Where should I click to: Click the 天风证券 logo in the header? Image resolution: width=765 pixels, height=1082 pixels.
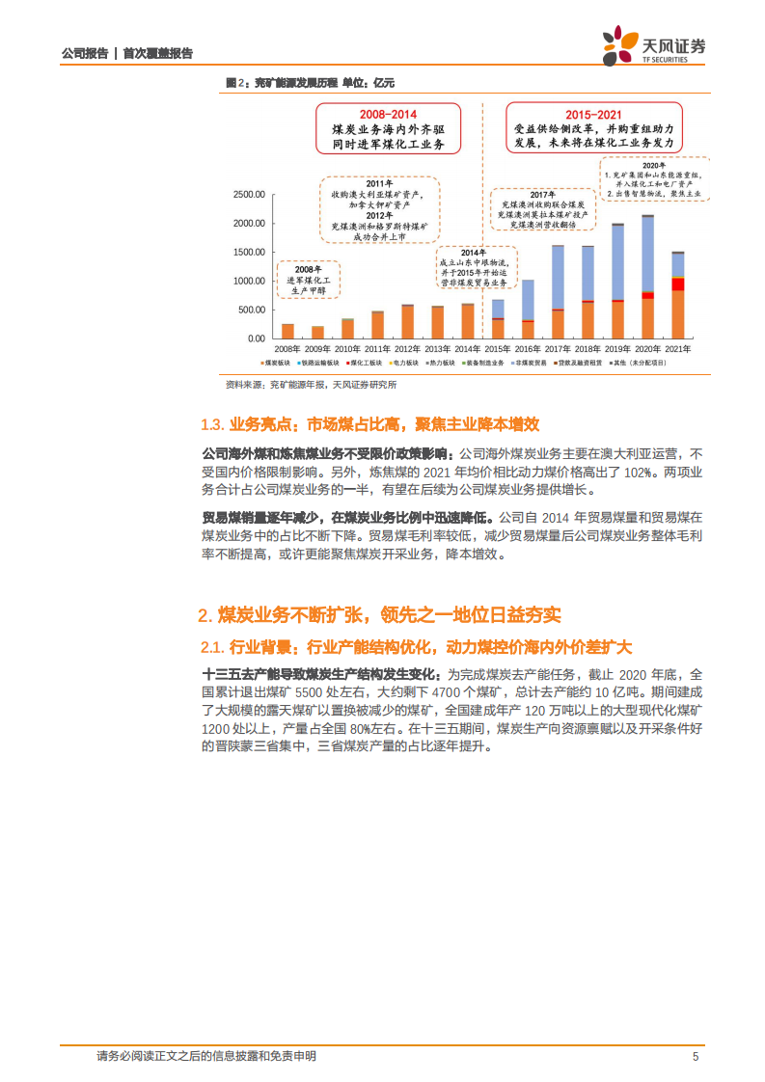654,44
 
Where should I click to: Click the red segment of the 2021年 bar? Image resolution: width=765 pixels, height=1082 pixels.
678,284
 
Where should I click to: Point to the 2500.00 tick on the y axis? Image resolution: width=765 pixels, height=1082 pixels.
248,195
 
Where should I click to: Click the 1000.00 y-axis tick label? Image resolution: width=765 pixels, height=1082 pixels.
248,281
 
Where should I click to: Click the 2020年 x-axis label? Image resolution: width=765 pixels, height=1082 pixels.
647,348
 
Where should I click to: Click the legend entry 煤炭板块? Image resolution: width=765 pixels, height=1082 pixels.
279,364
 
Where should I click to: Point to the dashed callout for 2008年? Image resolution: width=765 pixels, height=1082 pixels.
308,278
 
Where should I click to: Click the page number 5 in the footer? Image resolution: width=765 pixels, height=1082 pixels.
696,1056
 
